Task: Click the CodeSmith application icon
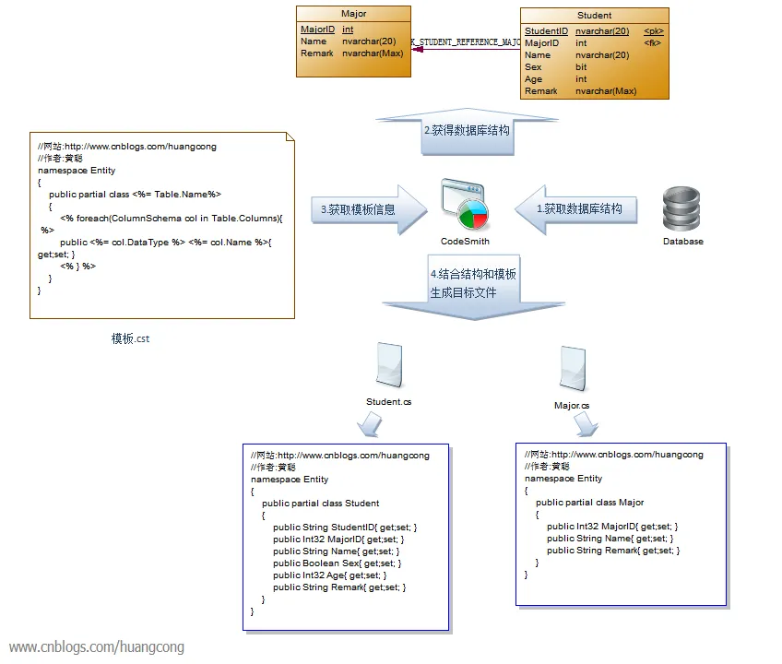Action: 464,206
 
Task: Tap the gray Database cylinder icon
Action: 682,209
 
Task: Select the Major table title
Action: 353,15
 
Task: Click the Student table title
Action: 594,16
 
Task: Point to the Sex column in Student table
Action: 534,67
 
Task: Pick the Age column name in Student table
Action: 534,79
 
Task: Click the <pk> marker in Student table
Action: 653,30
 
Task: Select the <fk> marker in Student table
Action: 652,42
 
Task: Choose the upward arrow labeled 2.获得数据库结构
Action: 466,131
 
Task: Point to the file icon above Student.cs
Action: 388,365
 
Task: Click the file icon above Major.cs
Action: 574,368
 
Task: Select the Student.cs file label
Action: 388,402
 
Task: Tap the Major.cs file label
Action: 572,406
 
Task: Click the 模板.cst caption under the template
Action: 130,338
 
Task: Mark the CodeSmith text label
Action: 465,242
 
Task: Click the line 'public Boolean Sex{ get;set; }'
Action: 337,563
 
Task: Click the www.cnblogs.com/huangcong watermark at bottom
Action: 97,647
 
